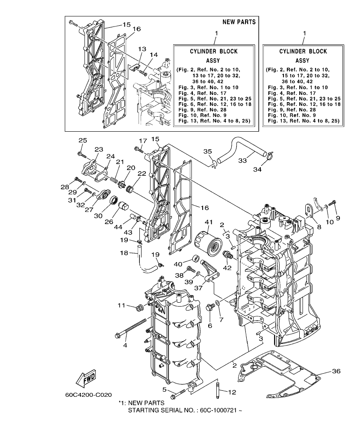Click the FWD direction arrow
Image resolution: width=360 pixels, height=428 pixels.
point(86,378)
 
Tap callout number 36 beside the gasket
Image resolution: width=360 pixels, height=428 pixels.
point(336,371)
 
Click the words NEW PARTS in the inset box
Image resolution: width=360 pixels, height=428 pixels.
point(239,22)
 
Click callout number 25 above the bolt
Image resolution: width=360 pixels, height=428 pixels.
point(82,140)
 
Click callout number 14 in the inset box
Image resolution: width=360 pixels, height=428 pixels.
point(153,55)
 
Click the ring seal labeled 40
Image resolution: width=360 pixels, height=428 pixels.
point(197,259)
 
